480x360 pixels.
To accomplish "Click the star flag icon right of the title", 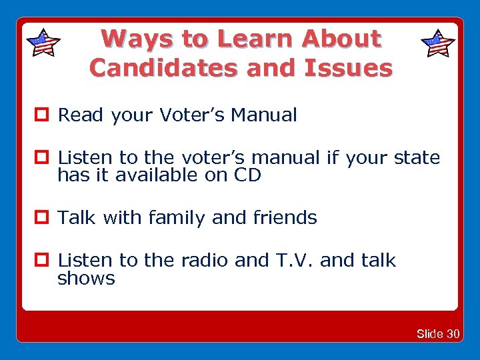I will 438,43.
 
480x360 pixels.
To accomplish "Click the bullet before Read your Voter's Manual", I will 46,115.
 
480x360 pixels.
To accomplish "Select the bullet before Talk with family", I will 46,218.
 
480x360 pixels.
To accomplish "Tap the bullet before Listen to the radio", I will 46,261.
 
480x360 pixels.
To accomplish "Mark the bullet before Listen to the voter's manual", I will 46,158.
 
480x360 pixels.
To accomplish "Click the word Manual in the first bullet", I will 264,115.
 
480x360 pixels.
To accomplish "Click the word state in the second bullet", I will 417,158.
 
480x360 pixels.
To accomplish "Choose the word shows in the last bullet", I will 86,278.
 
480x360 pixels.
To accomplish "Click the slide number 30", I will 453,334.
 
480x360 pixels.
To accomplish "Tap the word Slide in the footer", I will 430,334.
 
